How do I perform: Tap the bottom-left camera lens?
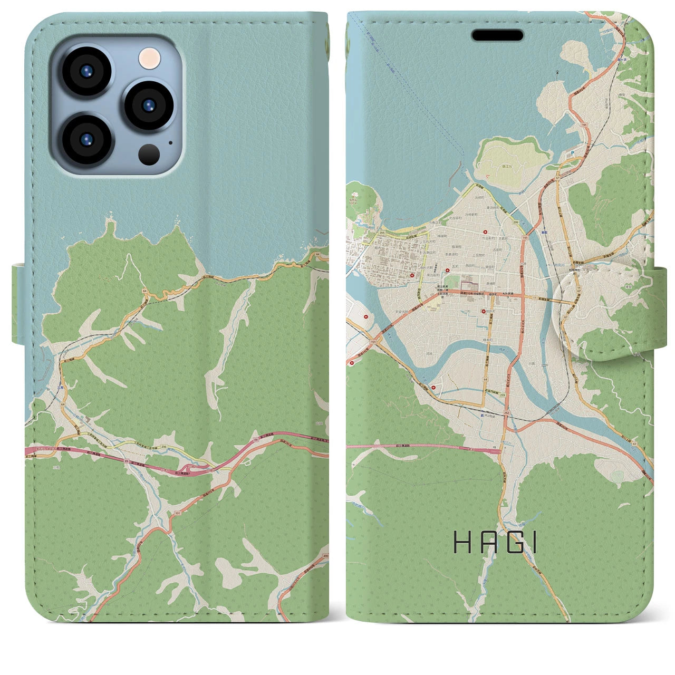coord(86,139)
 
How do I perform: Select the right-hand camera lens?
coord(149,104)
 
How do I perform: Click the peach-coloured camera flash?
coord(149,55)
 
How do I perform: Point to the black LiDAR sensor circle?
coord(149,154)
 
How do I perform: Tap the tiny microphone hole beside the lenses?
coord(170,141)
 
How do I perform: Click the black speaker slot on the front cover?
coord(497,35)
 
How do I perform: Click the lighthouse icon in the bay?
coord(557,71)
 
